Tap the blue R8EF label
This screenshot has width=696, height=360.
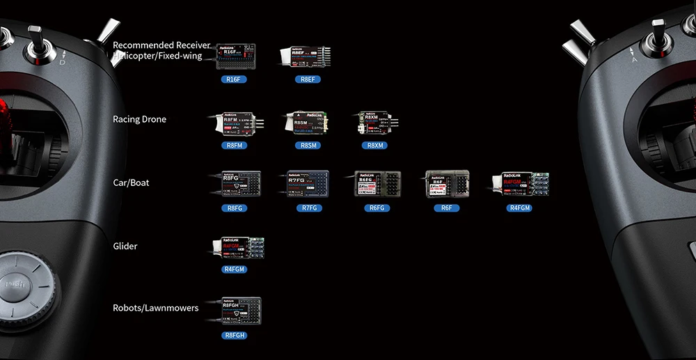(x=306, y=79)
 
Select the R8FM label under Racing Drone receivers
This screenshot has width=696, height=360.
(x=235, y=145)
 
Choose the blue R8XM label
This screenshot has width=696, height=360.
(x=375, y=145)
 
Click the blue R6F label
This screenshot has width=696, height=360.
(x=447, y=208)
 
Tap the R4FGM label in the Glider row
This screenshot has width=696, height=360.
(x=235, y=269)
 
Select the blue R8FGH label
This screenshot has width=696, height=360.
(x=235, y=335)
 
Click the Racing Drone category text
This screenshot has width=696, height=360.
(x=139, y=119)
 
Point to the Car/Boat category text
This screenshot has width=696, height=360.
(x=131, y=182)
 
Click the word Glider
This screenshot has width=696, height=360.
(x=125, y=246)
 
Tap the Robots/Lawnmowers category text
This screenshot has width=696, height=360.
(x=155, y=308)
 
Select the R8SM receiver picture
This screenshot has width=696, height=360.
(x=306, y=123)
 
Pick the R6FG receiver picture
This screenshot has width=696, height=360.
(x=377, y=183)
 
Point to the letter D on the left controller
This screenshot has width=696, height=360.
(x=62, y=63)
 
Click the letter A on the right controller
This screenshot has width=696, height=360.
(x=634, y=60)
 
